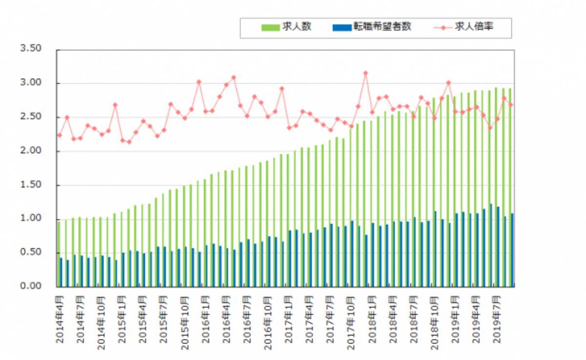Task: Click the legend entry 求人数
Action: pos(296,27)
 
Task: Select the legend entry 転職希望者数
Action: pos(383,27)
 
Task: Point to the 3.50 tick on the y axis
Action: pos(30,49)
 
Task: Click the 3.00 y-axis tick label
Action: pos(30,83)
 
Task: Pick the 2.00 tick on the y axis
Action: pos(30,151)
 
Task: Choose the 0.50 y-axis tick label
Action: pos(30,253)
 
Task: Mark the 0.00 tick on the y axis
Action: pos(30,286)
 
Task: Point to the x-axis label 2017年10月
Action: pos(351,318)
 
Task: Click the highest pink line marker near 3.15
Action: pos(365,73)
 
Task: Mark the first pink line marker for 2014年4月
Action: pos(60,135)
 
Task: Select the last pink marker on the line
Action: pos(511,105)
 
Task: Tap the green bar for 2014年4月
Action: pos(59,254)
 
